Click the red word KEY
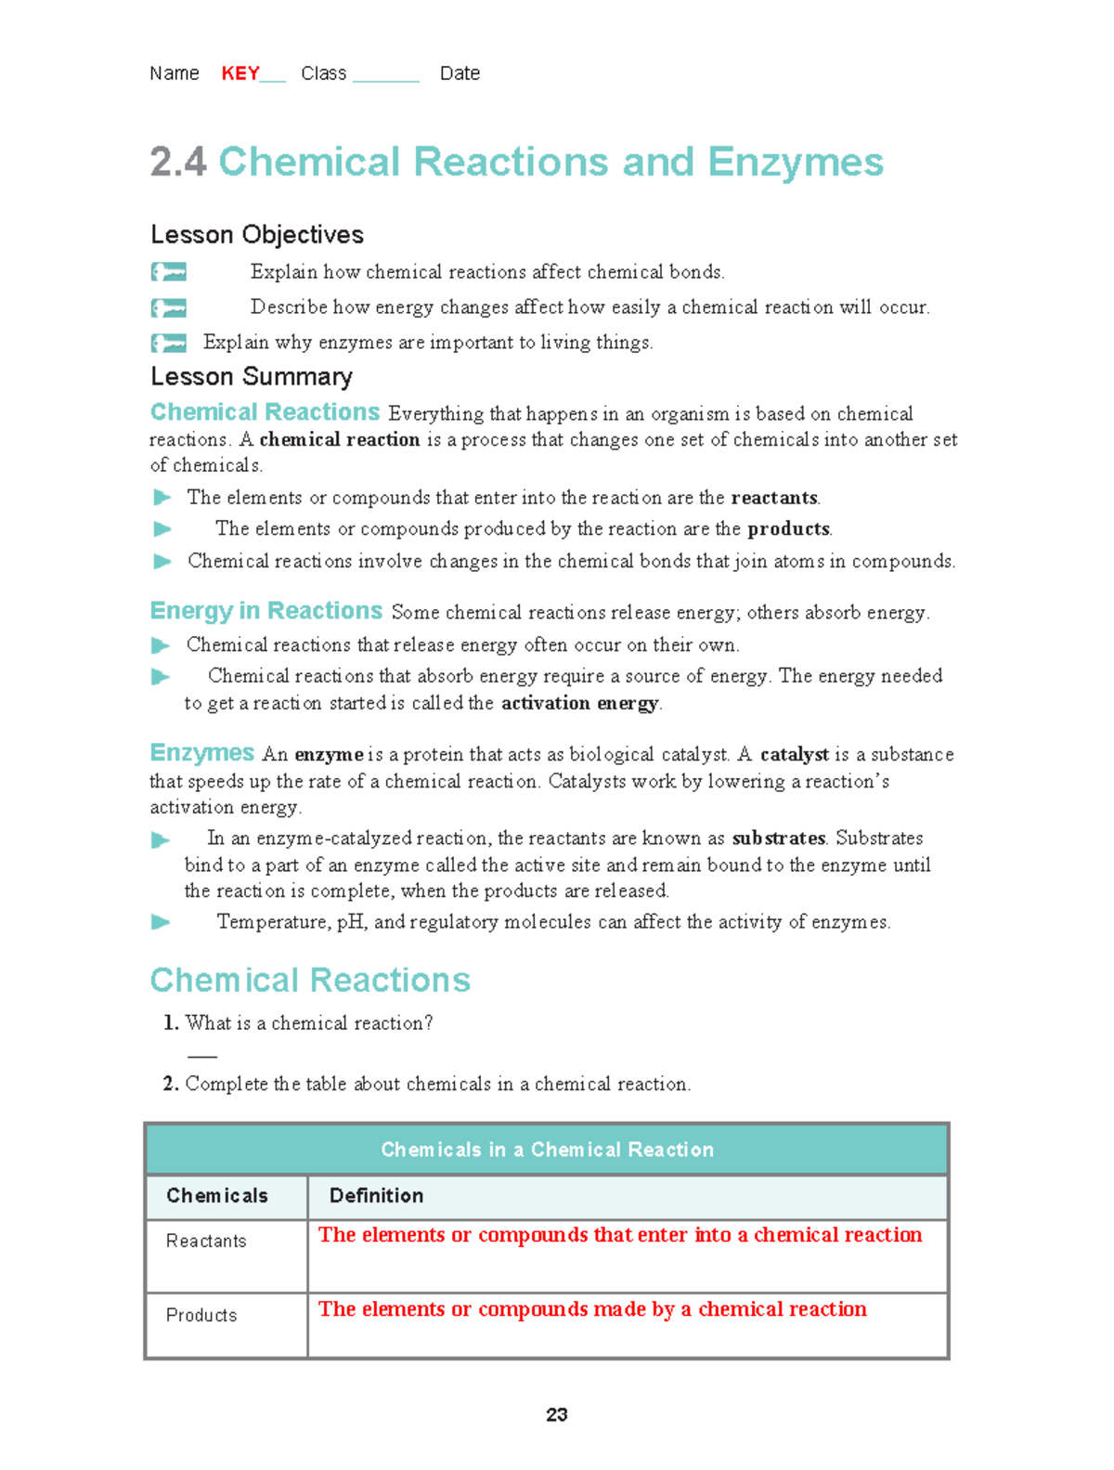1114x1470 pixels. pyautogui.click(x=240, y=73)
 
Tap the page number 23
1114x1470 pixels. pyautogui.click(x=556, y=1414)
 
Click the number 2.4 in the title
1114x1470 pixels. pyautogui.click(x=177, y=163)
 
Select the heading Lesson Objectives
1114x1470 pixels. pyautogui.click(x=257, y=235)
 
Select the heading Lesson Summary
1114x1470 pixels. pyautogui.click(x=252, y=376)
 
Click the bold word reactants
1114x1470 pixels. pyautogui.click(x=774, y=498)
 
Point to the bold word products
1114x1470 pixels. pyautogui.click(x=788, y=529)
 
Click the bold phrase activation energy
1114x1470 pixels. pyautogui.click(x=579, y=703)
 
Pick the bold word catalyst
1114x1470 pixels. pyautogui.click(x=794, y=754)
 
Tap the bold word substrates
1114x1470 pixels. pyautogui.click(x=778, y=839)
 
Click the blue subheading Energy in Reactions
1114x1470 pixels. pyautogui.click(x=266, y=611)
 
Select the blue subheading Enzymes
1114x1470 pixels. pyautogui.click(x=202, y=753)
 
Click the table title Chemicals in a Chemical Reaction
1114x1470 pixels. pyautogui.click(x=547, y=1150)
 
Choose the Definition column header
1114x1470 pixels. pyautogui.click(x=376, y=1196)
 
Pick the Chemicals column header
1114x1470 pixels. pyautogui.click(x=217, y=1196)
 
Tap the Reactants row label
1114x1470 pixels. pyautogui.click(x=206, y=1242)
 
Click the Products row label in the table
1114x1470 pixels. pyautogui.click(x=201, y=1315)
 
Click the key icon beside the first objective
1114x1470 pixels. pyautogui.click(x=169, y=272)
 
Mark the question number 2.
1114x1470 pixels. pyautogui.click(x=170, y=1084)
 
